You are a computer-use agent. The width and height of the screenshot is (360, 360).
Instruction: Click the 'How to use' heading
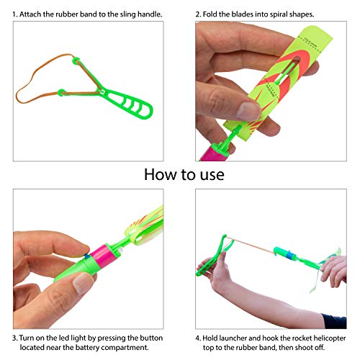tap(184, 174)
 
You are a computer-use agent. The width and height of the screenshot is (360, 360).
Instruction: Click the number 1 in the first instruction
tap(15, 14)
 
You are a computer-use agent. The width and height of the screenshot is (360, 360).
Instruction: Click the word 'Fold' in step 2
tap(215, 14)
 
